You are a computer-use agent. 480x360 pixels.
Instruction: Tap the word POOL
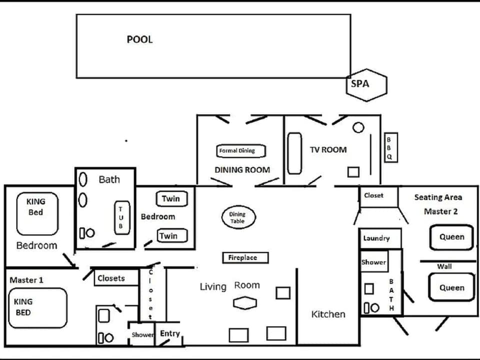coord(139,39)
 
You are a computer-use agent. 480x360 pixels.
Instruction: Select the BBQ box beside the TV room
coord(390,147)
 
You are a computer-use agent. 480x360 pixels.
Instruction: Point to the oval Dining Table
coord(237,218)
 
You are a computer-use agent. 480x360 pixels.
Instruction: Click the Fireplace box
coord(245,257)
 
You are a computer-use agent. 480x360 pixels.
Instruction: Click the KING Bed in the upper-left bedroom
coord(37,213)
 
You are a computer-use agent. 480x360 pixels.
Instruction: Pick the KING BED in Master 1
coord(37,307)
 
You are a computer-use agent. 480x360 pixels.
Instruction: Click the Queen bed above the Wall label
coord(451,237)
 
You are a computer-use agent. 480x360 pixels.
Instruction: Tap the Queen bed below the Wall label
coord(451,287)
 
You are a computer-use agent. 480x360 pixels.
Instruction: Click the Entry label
coord(170,333)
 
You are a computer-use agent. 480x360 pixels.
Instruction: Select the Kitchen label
coord(328,314)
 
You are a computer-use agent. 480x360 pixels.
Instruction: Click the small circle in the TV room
coord(358,127)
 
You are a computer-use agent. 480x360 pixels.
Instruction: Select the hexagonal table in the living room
coord(245,303)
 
